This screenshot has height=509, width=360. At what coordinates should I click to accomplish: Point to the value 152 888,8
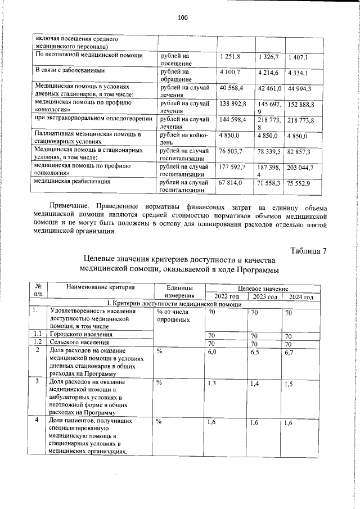click(301, 105)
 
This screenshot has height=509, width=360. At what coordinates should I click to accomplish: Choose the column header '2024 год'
click(301, 297)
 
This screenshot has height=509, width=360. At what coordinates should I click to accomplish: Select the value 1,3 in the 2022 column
click(212, 384)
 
